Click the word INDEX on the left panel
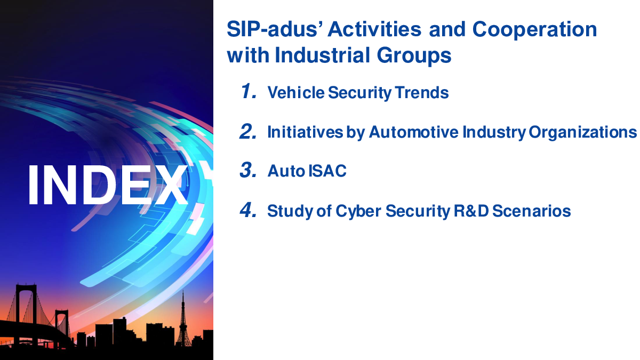108,185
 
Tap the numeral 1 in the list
248,91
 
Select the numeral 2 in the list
248,131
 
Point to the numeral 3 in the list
248,170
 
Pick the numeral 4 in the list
248,210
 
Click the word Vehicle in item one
295,92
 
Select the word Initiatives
305,132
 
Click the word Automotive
413,132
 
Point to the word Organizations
582,133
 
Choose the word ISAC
327,171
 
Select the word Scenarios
531,211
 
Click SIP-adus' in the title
274,29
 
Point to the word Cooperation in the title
534,30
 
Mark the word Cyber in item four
358,212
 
